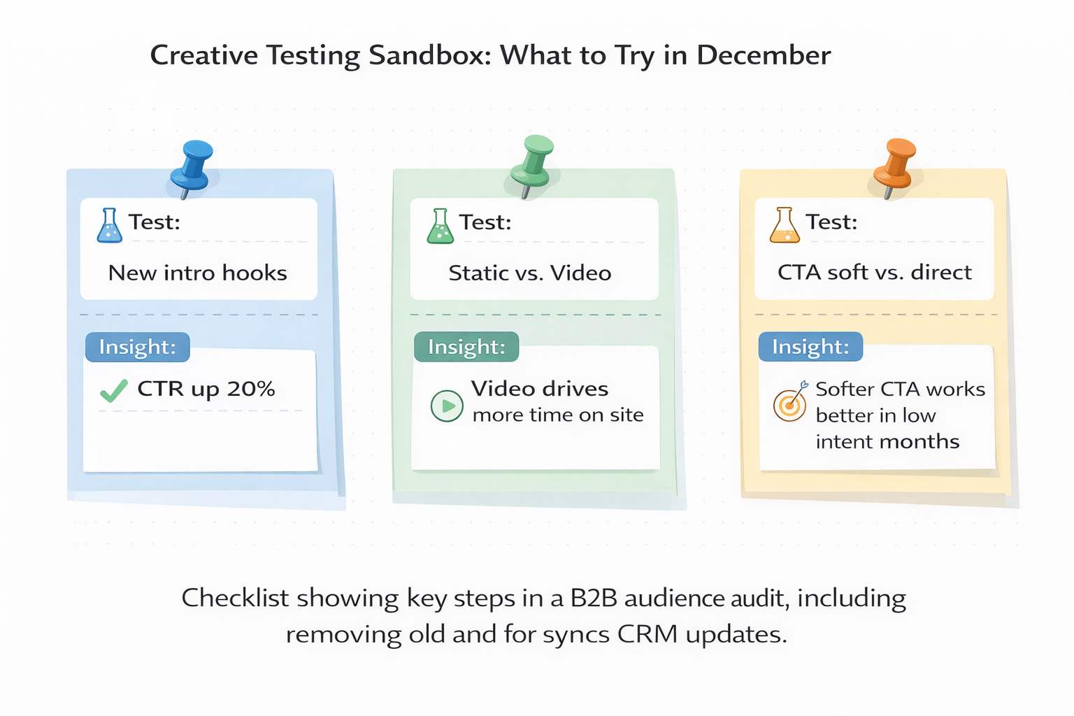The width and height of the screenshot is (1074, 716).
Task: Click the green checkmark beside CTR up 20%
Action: tap(114, 390)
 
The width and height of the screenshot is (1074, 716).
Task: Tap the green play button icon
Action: tap(447, 406)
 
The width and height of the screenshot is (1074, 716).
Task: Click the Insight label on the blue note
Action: tap(137, 347)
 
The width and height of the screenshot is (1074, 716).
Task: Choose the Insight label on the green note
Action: tap(466, 347)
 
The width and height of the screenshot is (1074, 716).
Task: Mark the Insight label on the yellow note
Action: tap(810, 347)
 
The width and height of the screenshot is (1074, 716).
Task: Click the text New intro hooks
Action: tap(198, 273)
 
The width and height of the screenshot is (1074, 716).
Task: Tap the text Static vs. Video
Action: tap(530, 273)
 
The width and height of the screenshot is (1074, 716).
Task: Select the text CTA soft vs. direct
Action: tap(874, 272)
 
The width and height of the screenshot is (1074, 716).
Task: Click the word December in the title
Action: tap(764, 55)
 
